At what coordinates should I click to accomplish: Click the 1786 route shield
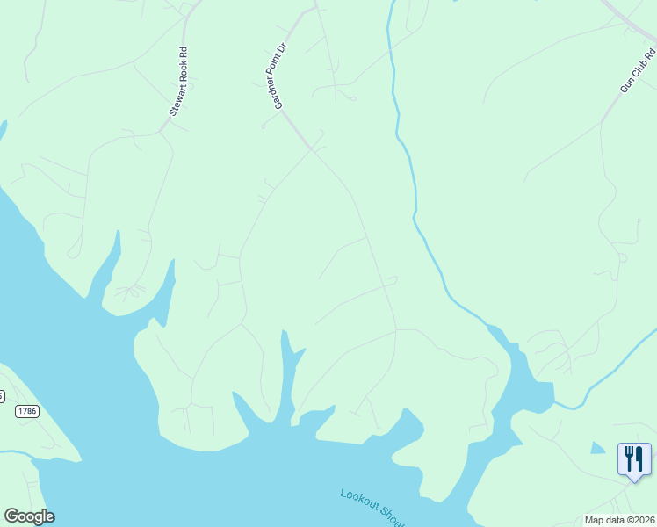(x=27, y=411)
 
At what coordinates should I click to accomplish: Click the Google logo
(x=29, y=516)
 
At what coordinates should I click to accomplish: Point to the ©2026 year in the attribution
(x=640, y=520)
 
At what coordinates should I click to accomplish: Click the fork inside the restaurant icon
(x=629, y=458)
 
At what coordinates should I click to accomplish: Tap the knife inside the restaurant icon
(x=639, y=458)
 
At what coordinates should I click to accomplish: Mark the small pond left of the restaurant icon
(x=598, y=448)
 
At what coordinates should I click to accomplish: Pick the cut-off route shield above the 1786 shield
(x=2, y=395)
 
